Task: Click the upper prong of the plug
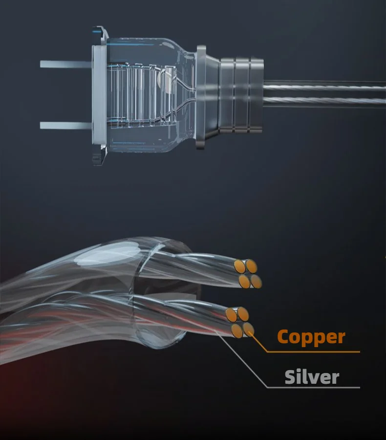pyautogui.click(x=64, y=64)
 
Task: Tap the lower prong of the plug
pyautogui.click(x=64, y=125)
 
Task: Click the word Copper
pyautogui.click(x=311, y=337)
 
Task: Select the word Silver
pyautogui.click(x=312, y=377)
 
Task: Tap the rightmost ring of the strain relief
pyautogui.click(x=256, y=95)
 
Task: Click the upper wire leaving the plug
pyautogui.click(x=322, y=87)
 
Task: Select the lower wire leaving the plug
pyautogui.click(x=322, y=101)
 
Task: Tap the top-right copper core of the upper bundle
pyautogui.click(x=251, y=266)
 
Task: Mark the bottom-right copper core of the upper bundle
pyautogui.click(x=256, y=281)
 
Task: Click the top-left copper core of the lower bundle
pyautogui.click(x=232, y=313)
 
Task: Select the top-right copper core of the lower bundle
pyautogui.click(x=243, y=314)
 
